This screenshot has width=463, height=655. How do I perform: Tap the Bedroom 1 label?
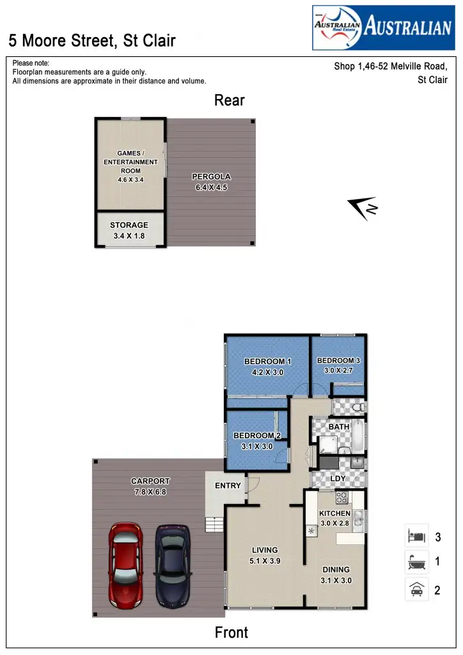coord(268,367)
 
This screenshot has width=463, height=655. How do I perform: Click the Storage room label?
coord(129,230)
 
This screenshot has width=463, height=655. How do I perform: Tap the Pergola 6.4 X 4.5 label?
coord(211,182)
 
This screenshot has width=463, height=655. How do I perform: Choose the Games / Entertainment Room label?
coord(130,166)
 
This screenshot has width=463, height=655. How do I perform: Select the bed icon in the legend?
coord(416,535)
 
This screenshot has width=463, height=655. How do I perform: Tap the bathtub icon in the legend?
coord(416,562)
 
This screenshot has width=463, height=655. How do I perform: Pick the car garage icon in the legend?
coord(416,589)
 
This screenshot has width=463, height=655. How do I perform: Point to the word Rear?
coord(230,100)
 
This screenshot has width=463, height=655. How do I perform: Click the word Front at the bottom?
coord(231,633)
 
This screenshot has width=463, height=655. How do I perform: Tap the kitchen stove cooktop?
coord(341,498)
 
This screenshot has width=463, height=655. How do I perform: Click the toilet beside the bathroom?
coord(357,406)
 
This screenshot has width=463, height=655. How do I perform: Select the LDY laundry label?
coord(337,478)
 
